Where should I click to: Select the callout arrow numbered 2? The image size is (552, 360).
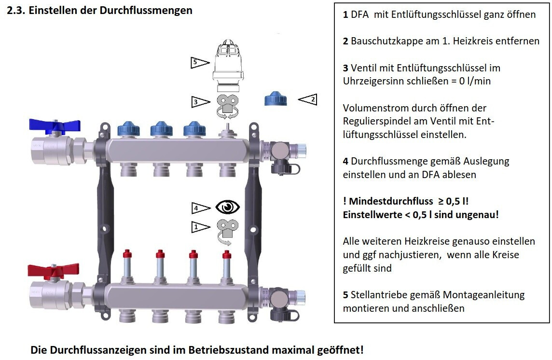pyautogui.click(x=307, y=99)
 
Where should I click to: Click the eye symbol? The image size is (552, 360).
pyautogui.click(x=228, y=208)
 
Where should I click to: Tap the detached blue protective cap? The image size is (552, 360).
pyautogui.click(x=276, y=99)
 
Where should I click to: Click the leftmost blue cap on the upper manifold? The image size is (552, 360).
pyautogui.click(x=129, y=129)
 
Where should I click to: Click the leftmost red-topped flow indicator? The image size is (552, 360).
pyautogui.click(x=127, y=265)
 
